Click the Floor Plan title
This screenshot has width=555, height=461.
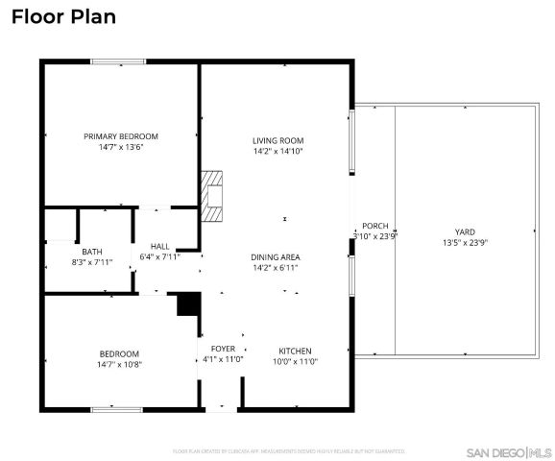[63, 16]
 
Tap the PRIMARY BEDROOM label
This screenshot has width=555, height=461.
[121, 136]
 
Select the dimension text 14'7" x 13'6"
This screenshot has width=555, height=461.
[121, 148]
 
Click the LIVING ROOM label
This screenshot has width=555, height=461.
[277, 140]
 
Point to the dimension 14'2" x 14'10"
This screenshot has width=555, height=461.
[277, 152]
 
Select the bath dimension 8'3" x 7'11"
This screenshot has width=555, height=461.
[91, 262]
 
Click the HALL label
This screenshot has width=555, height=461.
[159, 246]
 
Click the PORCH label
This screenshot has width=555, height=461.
[374, 225]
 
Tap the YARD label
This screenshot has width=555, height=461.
[465, 232]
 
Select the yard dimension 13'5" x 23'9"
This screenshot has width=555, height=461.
[465, 244]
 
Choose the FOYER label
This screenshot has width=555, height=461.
[222, 348]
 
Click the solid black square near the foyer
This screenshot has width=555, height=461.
[189, 304]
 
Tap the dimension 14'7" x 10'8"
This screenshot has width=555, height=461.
[119, 365]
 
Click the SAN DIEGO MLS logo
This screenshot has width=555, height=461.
[509, 451]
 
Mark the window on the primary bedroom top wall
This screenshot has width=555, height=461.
[118, 63]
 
